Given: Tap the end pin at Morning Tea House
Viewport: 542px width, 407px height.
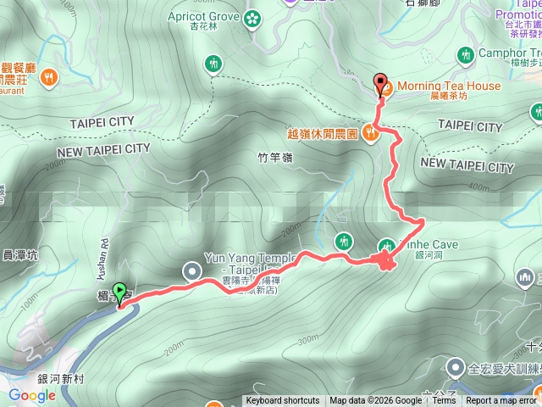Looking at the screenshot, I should (380, 84).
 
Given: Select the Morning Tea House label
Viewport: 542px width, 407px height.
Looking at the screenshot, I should (446, 86).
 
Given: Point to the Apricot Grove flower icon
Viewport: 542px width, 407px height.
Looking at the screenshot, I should (252, 18).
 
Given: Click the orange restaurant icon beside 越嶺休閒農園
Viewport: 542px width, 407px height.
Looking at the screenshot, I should (370, 132).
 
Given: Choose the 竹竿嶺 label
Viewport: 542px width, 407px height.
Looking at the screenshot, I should (274, 157).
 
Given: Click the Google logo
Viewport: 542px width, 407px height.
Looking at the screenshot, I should (31, 395).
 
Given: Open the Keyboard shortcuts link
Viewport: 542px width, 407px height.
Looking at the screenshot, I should (283, 401).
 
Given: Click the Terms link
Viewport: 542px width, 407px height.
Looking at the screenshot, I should (445, 401).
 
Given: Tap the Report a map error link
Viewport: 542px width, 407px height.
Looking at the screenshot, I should (502, 401).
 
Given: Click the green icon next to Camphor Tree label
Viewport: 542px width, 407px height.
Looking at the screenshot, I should (465, 56).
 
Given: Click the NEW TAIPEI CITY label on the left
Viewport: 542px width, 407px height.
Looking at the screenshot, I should (103, 149).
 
